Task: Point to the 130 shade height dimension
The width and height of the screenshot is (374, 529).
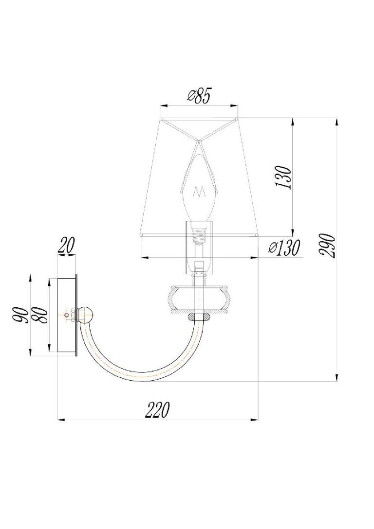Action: pos(283,177)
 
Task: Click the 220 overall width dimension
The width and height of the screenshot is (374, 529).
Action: pos(157,409)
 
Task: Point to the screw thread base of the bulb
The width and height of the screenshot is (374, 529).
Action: pos(199,234)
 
